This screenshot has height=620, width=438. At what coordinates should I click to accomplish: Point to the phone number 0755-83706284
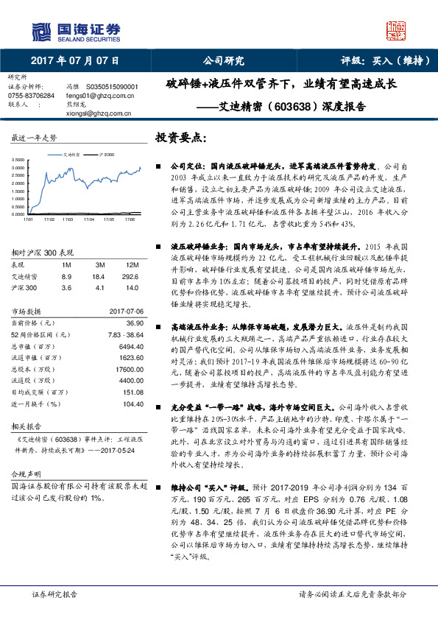(31, 96)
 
